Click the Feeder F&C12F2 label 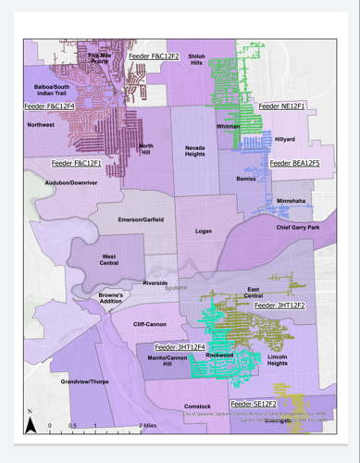tap(155, 56)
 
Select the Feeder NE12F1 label tap(288, 106)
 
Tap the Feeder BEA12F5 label tap(294, 163)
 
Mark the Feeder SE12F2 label tap(254, 404)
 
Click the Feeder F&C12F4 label tap(48, 106)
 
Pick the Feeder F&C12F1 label tap(77, 163)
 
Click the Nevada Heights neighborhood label tap(194, 151)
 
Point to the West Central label tap(114, 259)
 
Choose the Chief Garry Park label tap(297, 227)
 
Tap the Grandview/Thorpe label tap(84, 382)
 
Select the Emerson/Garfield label tap(141, 219)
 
